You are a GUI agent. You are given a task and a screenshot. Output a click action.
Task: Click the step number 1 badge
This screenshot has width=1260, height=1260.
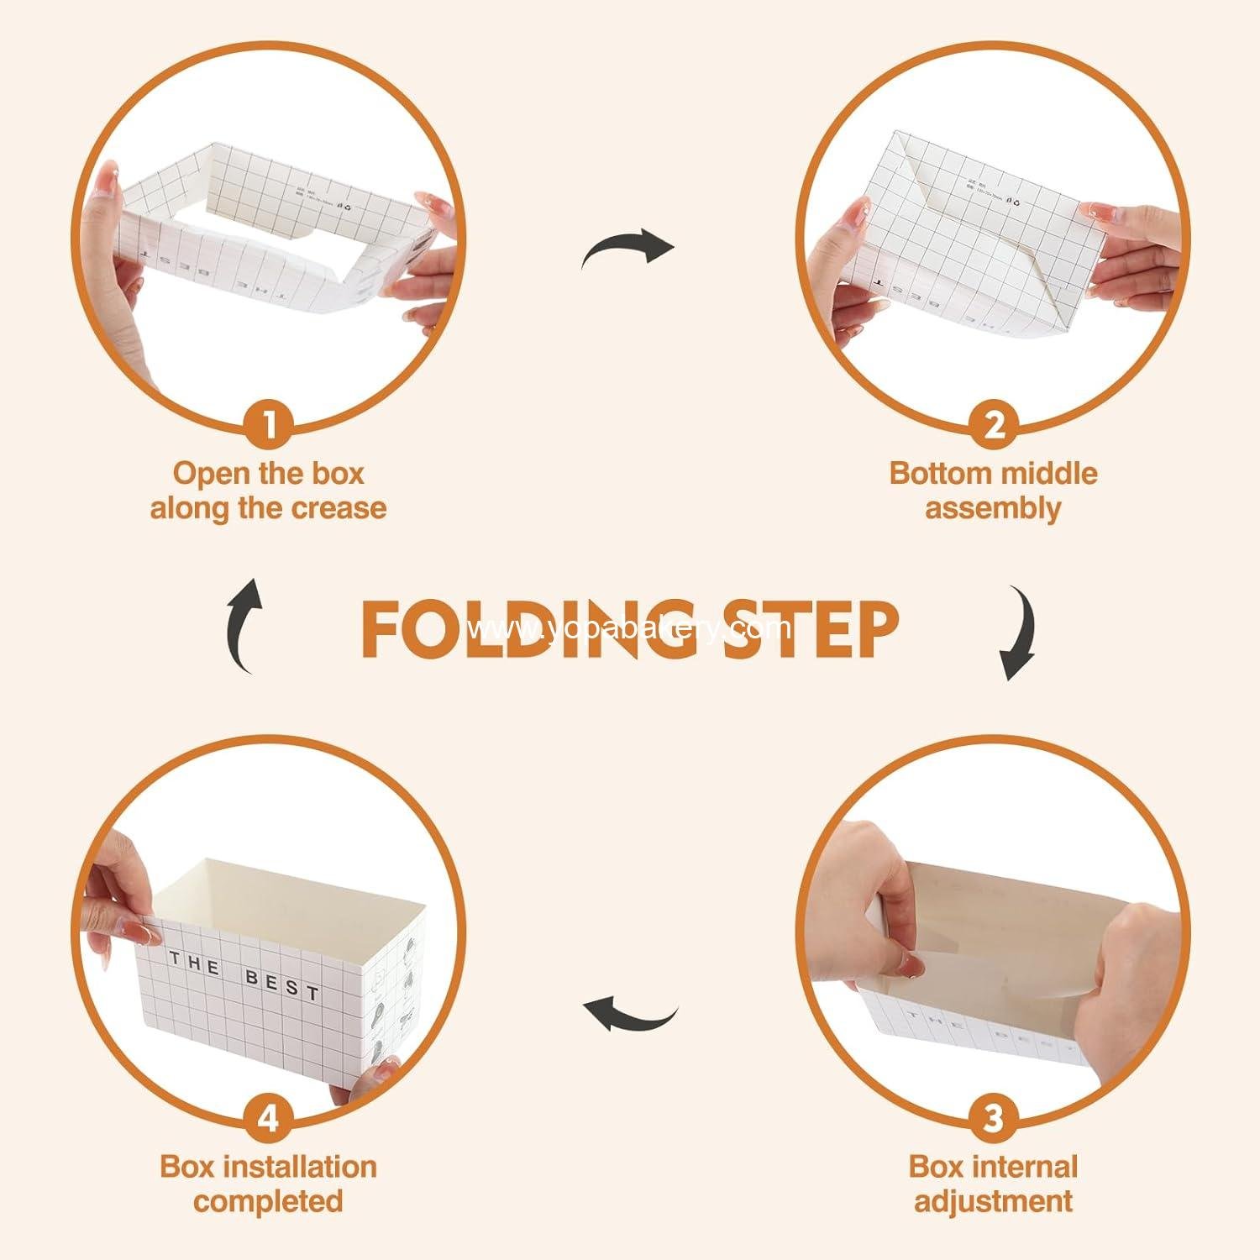[269, 425]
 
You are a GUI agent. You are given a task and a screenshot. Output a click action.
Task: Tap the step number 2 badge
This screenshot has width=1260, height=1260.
[994, 425]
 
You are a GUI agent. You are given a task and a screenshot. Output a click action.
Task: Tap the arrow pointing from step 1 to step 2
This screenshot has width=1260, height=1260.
[628, 249]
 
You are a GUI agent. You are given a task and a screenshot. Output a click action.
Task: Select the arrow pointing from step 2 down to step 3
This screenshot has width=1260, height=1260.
[1019, 633]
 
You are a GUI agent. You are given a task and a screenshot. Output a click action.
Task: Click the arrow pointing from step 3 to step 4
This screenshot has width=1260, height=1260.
[631, 1013]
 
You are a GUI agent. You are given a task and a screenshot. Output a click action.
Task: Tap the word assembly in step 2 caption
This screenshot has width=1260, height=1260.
[993, 509]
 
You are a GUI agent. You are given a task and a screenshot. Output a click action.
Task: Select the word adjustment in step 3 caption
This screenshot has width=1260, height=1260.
[993, 1202]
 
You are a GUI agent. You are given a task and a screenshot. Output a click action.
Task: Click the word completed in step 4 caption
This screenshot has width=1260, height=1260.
[268, 1202]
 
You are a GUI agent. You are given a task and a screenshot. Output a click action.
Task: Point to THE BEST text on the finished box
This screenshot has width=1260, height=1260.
[244, 975]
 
